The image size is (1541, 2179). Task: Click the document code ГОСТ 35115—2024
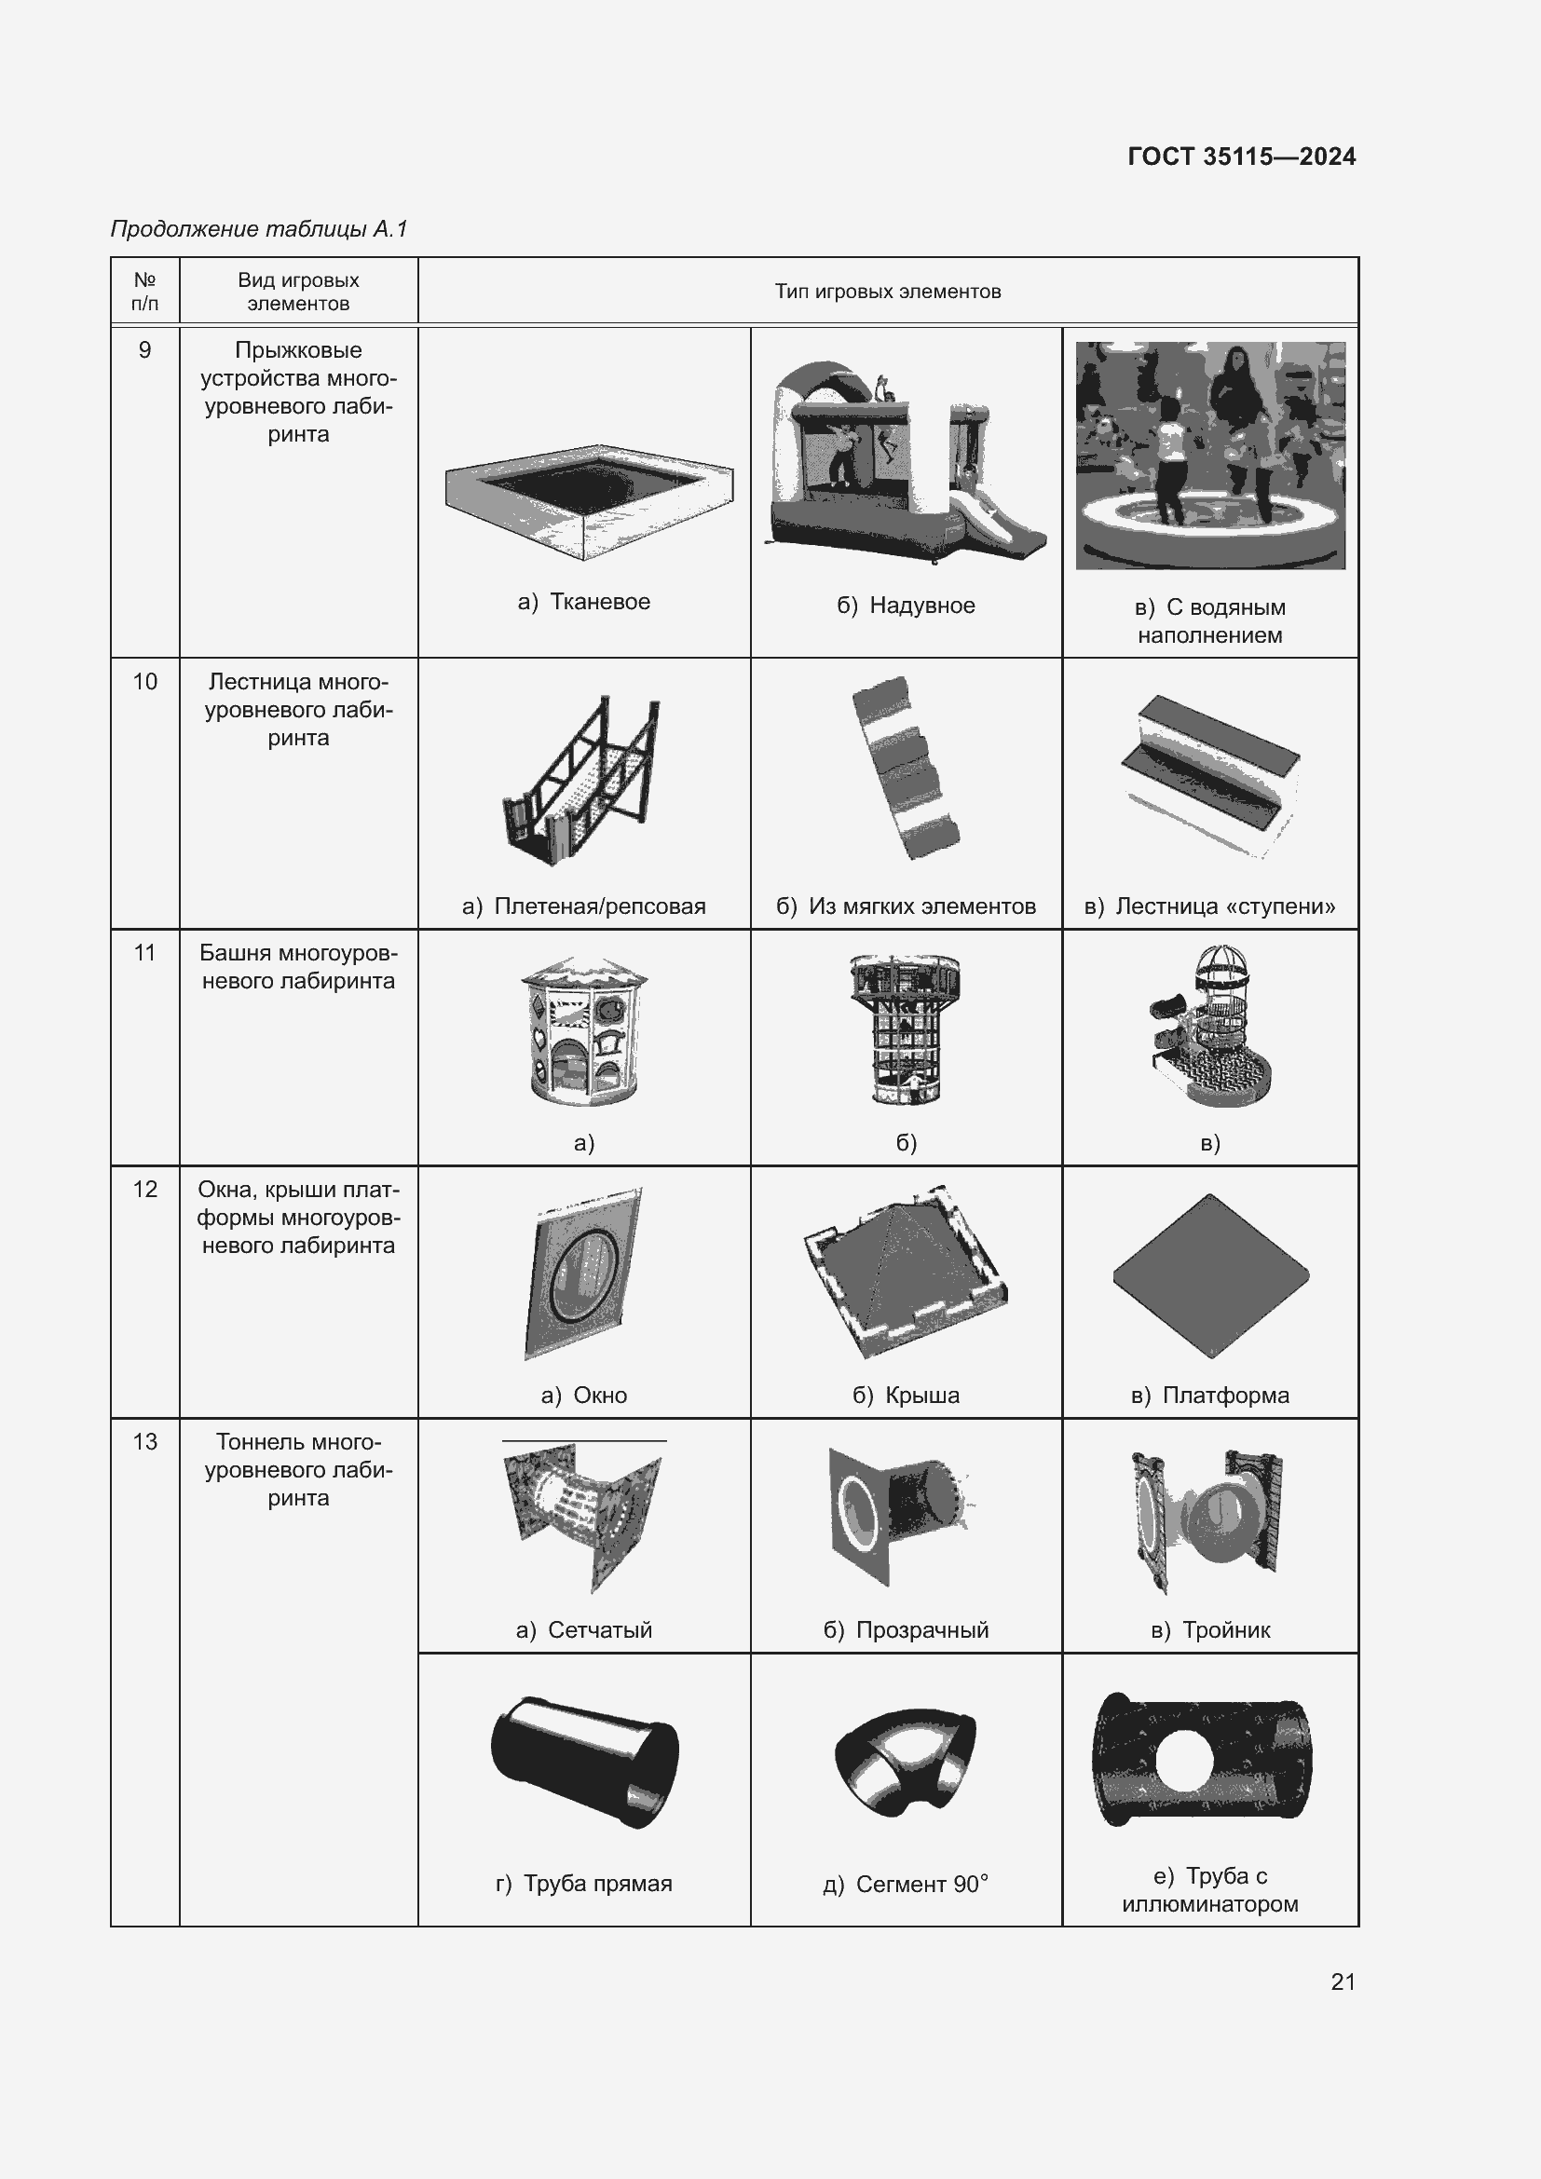[x=1241, y=157]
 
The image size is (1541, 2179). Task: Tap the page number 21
[x=1343, y=1982]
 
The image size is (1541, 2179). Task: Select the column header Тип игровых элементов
[x=887, y=292]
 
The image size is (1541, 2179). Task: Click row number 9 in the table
[x=145, y=350]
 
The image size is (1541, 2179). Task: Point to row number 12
[x=145, y=1189]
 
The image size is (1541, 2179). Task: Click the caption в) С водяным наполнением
[x=1210, y=620]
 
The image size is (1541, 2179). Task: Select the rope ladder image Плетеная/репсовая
[x=580, y=780]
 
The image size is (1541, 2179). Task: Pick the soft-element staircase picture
[x=906, y=768]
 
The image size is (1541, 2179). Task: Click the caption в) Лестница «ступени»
[x=1210, y=906]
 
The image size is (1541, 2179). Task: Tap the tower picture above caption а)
[x=583, y=1031]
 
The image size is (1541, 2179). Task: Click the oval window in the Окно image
[x=584, y=1273]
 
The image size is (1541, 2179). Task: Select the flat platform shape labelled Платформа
[x=1211, y=1275]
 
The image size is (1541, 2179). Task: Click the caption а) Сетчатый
[x=583, y=1630]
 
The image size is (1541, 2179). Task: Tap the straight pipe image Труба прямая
[x=584, y=1762]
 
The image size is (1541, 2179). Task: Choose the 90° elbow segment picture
[x=906, y=1763]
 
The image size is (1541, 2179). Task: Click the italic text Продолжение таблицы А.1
[x=259, y=229]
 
